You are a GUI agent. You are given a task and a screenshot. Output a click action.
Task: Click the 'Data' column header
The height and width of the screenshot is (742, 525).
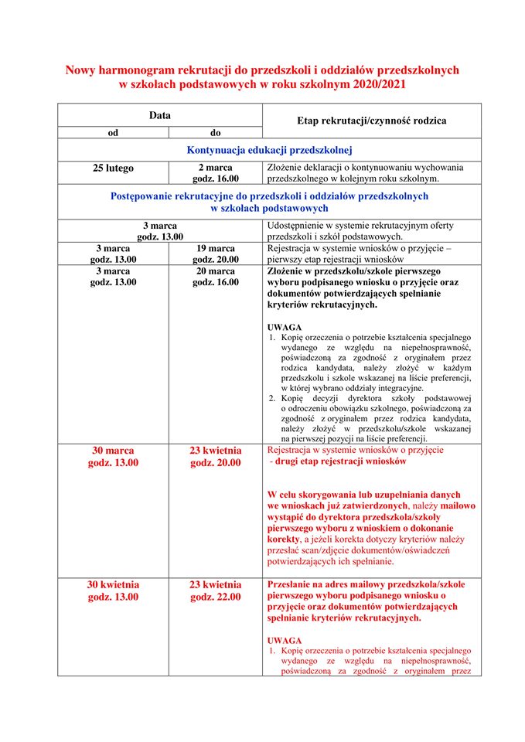(160, 115)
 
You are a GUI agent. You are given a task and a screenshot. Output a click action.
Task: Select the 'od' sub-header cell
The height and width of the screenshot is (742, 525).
(113, 132)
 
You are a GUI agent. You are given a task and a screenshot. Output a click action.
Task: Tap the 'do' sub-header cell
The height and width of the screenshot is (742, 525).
(216, 132)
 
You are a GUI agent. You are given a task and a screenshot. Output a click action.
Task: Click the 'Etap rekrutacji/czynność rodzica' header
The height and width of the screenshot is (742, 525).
(371, 121)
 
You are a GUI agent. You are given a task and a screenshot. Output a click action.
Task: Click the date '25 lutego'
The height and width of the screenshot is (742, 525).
(113, 168)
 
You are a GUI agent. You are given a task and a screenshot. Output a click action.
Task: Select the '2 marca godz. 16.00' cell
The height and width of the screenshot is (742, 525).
(216, 173)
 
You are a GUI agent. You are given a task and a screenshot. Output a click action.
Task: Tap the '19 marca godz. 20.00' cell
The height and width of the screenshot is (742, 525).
(216, 254)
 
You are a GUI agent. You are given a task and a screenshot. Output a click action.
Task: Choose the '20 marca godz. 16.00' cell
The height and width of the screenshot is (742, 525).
(216, 277)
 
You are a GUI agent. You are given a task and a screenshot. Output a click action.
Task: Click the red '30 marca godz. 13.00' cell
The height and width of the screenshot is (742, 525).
(113, 457)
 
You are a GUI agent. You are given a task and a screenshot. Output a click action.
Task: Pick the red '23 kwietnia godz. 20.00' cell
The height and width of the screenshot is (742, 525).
(216, 457)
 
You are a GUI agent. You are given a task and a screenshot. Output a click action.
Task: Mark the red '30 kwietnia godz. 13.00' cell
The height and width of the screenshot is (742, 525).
(113, 591)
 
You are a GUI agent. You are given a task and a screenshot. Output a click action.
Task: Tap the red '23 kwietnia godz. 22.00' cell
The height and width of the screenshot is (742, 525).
(216, 591)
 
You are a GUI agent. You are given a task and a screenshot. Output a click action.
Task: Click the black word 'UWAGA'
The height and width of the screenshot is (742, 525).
(284, 327)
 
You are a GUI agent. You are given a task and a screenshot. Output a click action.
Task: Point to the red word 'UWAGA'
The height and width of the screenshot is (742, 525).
(284, 641)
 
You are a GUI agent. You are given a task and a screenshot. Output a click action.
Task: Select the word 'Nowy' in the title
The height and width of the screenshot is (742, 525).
(80, 70)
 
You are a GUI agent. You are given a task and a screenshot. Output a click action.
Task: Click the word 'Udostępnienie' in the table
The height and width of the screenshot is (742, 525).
(298, 225)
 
